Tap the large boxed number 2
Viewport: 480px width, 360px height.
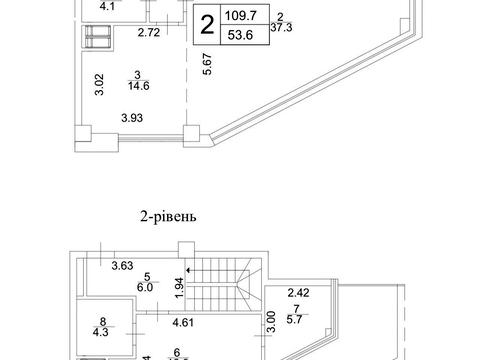(x=207, y=26)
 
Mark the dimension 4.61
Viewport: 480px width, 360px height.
(x=184, y=323)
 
